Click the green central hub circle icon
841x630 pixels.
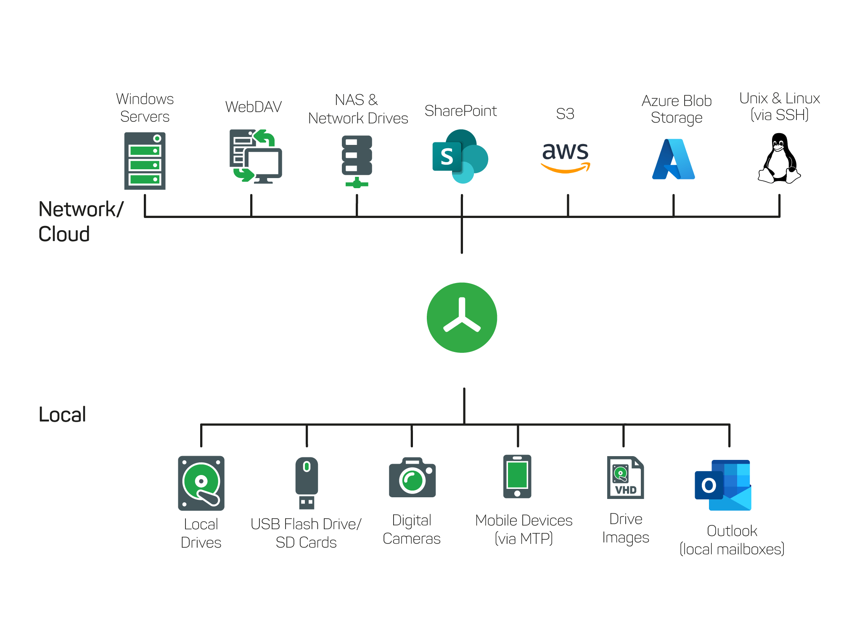coord(462,318)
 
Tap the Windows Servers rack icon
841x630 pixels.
coord(145,161)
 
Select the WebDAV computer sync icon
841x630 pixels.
coord(256,156)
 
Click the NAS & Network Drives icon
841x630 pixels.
coord(357,161)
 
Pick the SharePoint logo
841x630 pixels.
coord(460,156)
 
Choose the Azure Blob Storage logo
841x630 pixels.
coord(673,159)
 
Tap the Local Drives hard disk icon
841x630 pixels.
coord(201,483)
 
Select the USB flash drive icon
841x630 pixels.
coord(307,483)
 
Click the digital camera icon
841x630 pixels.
coord(412,478)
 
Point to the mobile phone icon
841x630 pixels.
coord(517,476)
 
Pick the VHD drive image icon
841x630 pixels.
coord(625,478)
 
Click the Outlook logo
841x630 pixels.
coord(723,485)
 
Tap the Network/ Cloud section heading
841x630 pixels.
coord(81,221)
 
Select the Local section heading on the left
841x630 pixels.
coord(62,415)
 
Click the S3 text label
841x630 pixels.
coord(565,114)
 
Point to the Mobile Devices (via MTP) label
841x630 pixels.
coord(524,529)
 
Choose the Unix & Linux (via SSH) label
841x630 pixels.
coord(780,107)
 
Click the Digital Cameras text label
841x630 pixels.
coord(412,530)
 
